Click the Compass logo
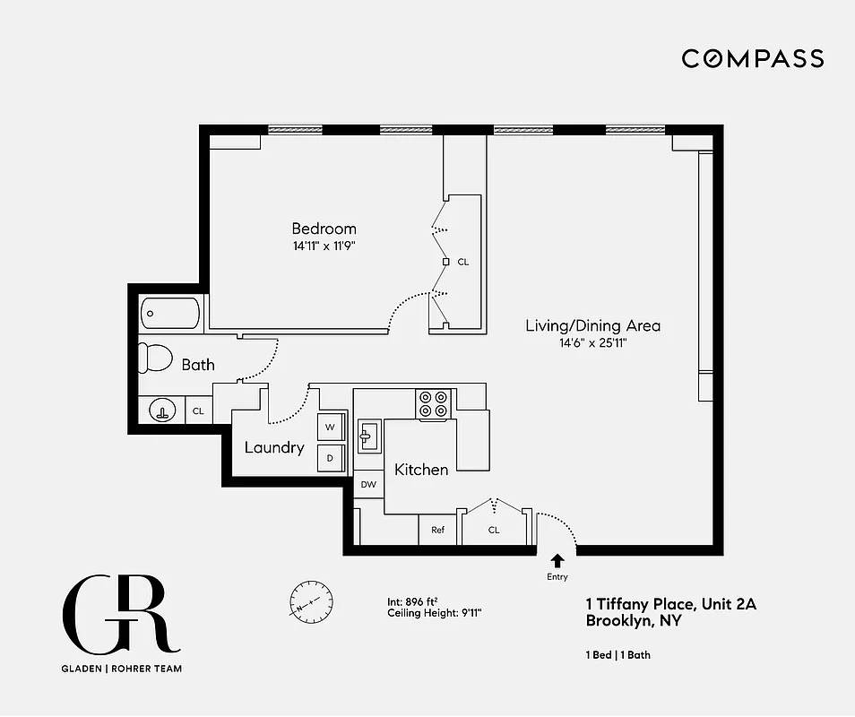tap(752, 59)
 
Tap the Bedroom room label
tap(324, 229)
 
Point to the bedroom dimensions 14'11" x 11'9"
tap(324, 245)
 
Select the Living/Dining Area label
tap(592, 325)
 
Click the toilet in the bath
tap(156, 358)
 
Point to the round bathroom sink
tap(162, 410)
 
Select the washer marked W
tap(331, 427)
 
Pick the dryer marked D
tap(331, 458)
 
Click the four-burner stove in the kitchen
tap(434, 404)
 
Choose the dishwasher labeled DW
tap(368, 485)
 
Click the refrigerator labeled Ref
tap(438, 530)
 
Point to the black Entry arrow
tap(557, 560)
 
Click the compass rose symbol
tap(312, 600)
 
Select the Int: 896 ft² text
tap(412, 602)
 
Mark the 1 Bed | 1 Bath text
tap(618, 655)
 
